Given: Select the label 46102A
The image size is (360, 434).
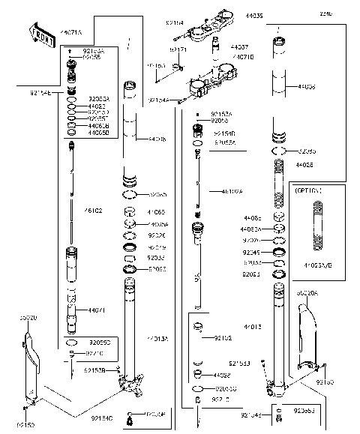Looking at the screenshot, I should click(x=231, y=191).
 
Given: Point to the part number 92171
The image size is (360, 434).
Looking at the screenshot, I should click(x=178, y=49).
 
